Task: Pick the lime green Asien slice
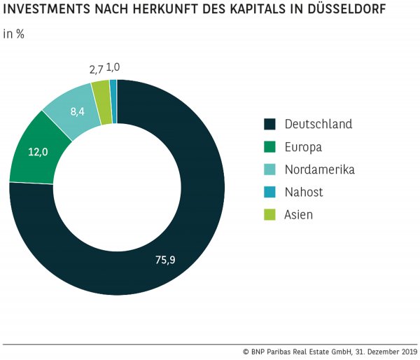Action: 102,92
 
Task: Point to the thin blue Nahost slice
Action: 113,90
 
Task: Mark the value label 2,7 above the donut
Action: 97,69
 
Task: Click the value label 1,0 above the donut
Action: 113,67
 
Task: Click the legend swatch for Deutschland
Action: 269,124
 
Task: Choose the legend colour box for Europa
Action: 269,147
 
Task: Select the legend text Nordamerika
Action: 319,169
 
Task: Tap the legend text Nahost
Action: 304,192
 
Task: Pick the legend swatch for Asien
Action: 269,215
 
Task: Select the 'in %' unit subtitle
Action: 14,34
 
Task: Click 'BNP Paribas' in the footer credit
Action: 274,352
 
